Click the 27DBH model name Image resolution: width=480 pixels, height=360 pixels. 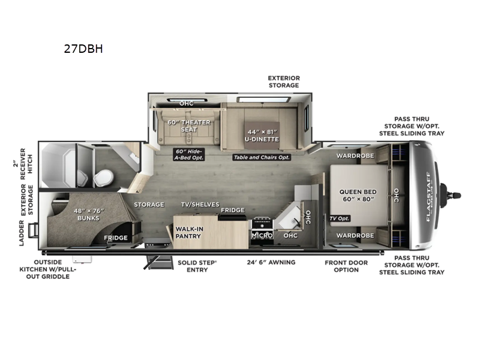(x=83, y=49)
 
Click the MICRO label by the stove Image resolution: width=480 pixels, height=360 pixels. (x=262, y=236)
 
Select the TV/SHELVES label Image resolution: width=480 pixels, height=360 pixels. (x=200, y=205)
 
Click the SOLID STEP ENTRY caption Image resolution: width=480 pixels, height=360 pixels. (x=197, y=266)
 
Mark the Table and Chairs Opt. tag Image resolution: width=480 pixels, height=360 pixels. (x=262, y=157)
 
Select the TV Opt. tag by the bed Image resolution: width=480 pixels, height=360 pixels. (x=339, y=218)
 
